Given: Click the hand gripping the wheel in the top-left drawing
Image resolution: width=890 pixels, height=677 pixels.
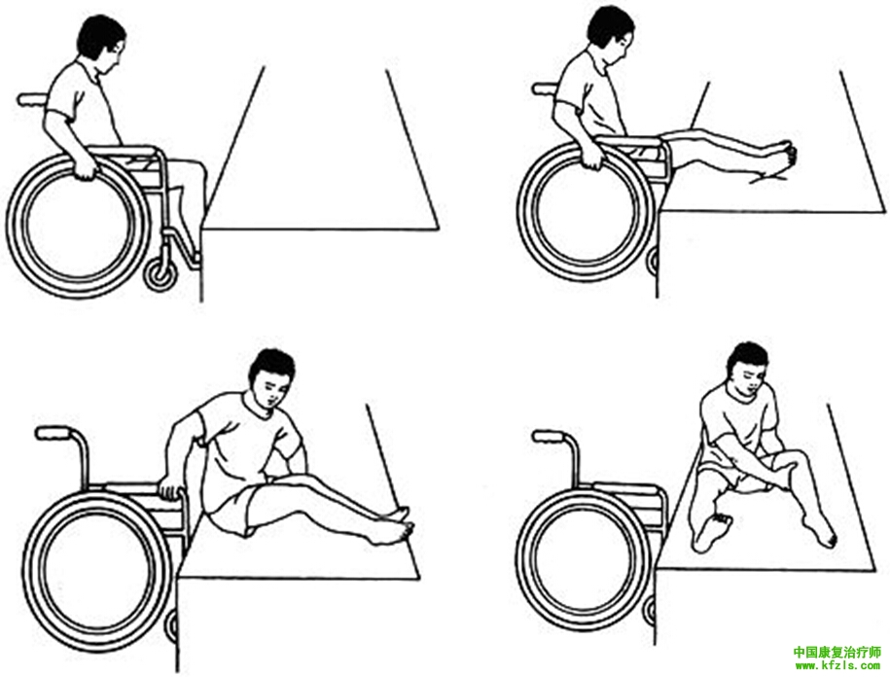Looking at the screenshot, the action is [x=86, y=167].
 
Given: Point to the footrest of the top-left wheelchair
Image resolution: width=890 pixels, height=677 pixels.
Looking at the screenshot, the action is [x=193, y=258].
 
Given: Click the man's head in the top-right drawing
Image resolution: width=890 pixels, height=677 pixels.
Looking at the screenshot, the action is [x=610, y=35].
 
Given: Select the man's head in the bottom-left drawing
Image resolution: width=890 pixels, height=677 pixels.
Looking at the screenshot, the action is [x=272, y=376].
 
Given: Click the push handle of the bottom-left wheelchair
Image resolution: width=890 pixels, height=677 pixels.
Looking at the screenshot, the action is [x=53, y=433].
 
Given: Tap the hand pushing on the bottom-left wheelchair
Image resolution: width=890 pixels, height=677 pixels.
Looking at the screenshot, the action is [x=169, y=488].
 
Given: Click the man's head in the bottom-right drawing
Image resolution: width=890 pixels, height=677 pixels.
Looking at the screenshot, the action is [x=750, y=368].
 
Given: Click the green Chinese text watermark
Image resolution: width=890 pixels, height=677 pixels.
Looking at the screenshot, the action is [x=837, y=652].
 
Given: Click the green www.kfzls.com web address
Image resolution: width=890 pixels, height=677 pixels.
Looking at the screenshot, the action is [x=837, y=664].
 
